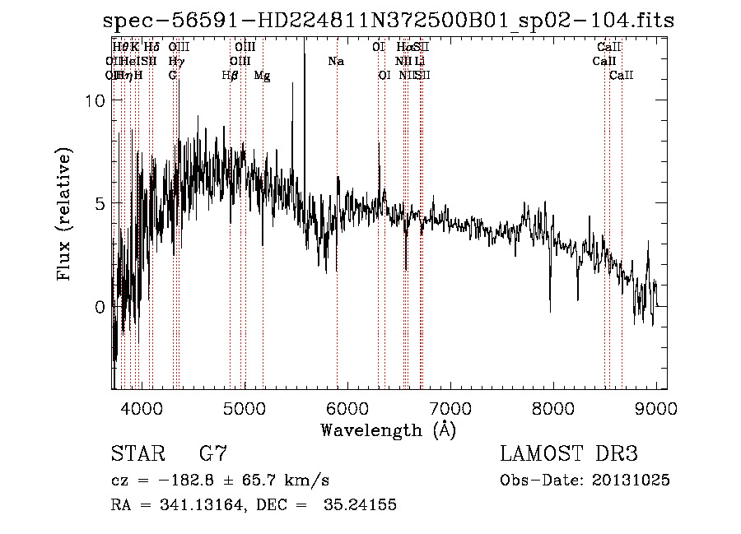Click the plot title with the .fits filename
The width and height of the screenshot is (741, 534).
[x=389, y=21]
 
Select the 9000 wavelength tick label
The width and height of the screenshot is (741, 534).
[x=655, y=406]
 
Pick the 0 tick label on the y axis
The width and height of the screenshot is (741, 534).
[x=100, y=306]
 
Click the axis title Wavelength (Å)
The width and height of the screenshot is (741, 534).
[x=389, y=430]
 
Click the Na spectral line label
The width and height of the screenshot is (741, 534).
[x=335, y=62]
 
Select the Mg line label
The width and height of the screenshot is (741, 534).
[x=262, y=76]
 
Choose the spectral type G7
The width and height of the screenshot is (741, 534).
[x=213, y=454]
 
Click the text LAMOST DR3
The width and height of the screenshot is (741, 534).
[x=569, y=454]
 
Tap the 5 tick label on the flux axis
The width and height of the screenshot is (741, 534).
[x=100, y=203]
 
